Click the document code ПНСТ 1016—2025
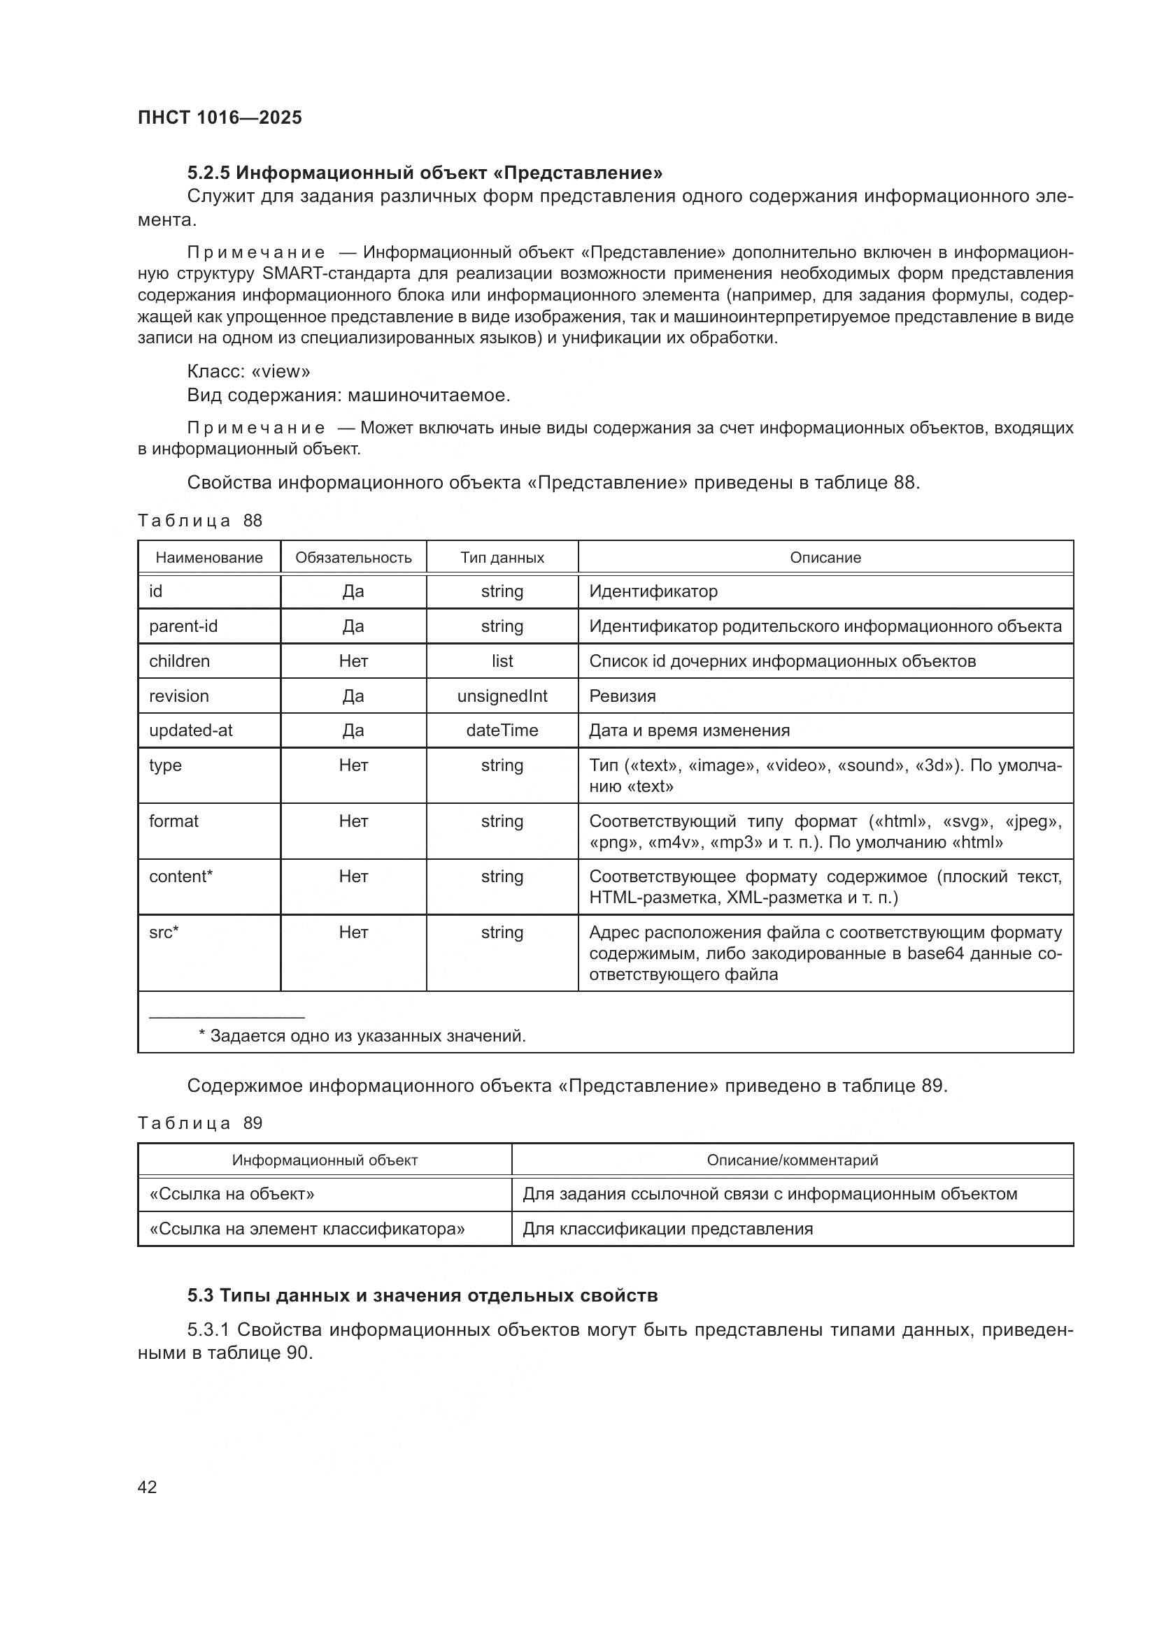220,117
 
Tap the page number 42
147,1486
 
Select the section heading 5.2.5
425,173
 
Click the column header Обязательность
353,558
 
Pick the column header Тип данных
502,558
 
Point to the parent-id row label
183,626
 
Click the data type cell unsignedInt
502,696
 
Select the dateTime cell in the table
502,730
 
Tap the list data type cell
502,661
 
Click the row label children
180,661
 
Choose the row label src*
164,932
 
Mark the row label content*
181,877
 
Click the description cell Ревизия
622,696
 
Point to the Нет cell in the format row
353,821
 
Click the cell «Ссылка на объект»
232,1194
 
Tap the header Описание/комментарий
793,1160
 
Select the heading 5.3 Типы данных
423,1295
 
